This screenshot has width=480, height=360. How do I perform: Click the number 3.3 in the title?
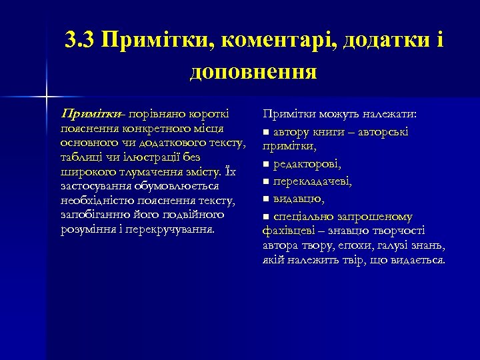(x=81, y=41)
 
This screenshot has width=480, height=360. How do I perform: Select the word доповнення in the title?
(x=253, y=71)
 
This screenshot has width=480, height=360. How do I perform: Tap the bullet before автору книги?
(x=266, y=131)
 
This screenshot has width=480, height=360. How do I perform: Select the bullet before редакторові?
(x=266, y=164)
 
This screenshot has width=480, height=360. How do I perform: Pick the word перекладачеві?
(x=311, y=181)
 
